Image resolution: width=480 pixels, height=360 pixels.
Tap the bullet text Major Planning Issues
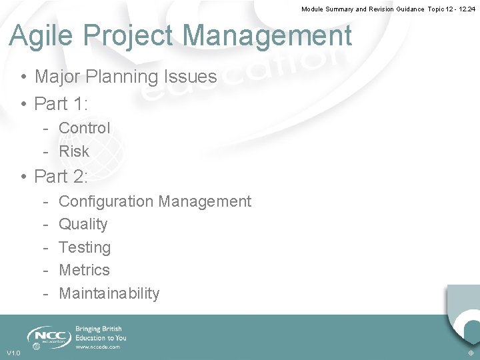click(x=125, y=77)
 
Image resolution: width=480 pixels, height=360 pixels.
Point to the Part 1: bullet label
click(x=61, y=104)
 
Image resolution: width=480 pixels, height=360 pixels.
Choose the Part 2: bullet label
click(x=61, y=177)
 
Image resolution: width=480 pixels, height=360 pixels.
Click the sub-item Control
click(x=84, y=128)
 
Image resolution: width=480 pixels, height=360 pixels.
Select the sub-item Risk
click(x=74, y=151)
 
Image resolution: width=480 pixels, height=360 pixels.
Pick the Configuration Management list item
click(x=155, y=201)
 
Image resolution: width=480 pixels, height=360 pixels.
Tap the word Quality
click(x=83, y=225)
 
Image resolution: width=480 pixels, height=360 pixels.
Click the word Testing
click(x=85, y=247)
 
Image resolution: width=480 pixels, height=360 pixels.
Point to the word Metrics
click(x=84, y=270)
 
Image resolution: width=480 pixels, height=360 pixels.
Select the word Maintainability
click(x=109, y=293)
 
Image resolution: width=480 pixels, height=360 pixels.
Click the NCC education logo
click(x=47, y=337)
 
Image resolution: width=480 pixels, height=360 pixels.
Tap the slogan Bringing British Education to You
click(x=101, y=333)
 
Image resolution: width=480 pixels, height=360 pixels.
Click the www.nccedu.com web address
click(x=98, y=347)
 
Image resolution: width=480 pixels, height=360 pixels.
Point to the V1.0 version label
click(x=13, y=353)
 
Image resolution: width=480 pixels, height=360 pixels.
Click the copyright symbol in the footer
click(x=471, y=353)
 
